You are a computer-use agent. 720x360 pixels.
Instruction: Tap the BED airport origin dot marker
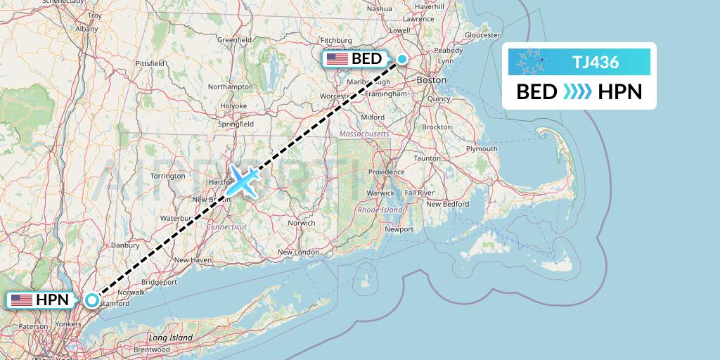tap(401, 59)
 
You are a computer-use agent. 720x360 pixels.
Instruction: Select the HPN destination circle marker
tap(93, 300)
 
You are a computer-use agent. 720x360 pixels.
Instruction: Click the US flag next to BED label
tap(337, 59)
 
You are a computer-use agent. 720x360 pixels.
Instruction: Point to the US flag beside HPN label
tap(22, 300)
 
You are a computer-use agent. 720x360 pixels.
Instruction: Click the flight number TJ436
tap(595, 62)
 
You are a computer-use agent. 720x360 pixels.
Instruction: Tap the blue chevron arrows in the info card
tap(578, 92)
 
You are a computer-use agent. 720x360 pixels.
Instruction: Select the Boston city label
tap(431, 81)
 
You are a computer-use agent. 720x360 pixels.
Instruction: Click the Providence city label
tap(386, 172)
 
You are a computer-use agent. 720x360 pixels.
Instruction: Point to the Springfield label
tap(236, 124)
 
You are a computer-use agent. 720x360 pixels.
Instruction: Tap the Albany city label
tap(86, 29)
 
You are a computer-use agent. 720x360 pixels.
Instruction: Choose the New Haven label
tap(192, 259)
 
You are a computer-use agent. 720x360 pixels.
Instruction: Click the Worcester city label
tap(335, 96)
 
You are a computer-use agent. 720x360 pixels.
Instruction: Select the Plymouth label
tap(482, 149)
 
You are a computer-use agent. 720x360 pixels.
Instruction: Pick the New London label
tap(298, 252)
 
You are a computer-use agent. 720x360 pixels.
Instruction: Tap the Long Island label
tap(171, 338)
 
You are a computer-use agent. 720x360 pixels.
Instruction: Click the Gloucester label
tap(482, 34)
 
